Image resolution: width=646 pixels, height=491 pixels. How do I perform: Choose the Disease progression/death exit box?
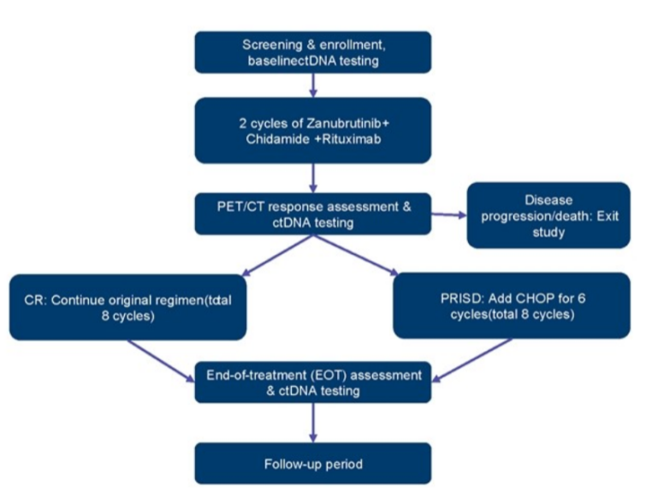[548, 215]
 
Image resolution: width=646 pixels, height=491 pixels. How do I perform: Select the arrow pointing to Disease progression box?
[445, 216]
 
